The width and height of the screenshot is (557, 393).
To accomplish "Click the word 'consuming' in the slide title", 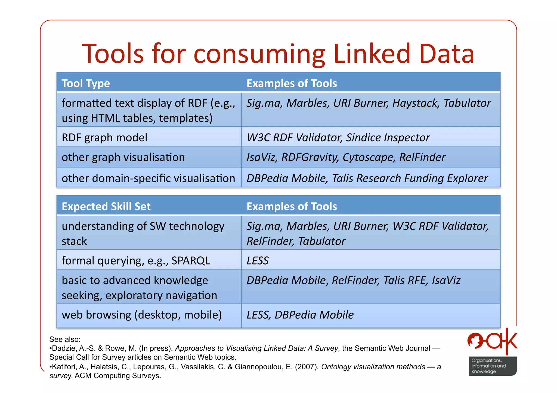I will pos(259,54).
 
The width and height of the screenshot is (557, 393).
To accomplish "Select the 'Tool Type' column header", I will pos(86,83).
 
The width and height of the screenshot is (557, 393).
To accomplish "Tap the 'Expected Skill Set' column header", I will pos(106,206).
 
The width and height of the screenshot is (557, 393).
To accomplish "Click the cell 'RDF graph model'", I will pos(104,137).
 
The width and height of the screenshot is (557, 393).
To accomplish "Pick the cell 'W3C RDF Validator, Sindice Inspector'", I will pos(338,137).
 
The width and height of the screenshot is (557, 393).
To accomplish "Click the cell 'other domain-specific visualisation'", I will pos(148,178).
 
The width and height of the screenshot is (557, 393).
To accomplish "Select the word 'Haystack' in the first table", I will pos(416,103).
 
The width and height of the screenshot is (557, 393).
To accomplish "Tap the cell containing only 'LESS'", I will pos(257,261).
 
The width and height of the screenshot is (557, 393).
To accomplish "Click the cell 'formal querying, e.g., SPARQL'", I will pos(136,261).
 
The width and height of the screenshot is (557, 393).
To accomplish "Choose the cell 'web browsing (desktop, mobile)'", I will pos(142,315).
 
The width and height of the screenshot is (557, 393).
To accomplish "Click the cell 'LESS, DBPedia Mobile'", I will pos(300,315).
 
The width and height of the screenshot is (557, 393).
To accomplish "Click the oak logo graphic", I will pos(492,341).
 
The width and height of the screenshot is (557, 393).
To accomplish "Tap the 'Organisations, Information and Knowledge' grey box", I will pos(492,366).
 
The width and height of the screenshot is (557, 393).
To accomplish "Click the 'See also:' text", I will pos(65,339).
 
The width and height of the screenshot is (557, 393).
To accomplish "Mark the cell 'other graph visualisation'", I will pos(123,157).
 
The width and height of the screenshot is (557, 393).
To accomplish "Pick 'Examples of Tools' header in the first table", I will pos(292,83).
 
